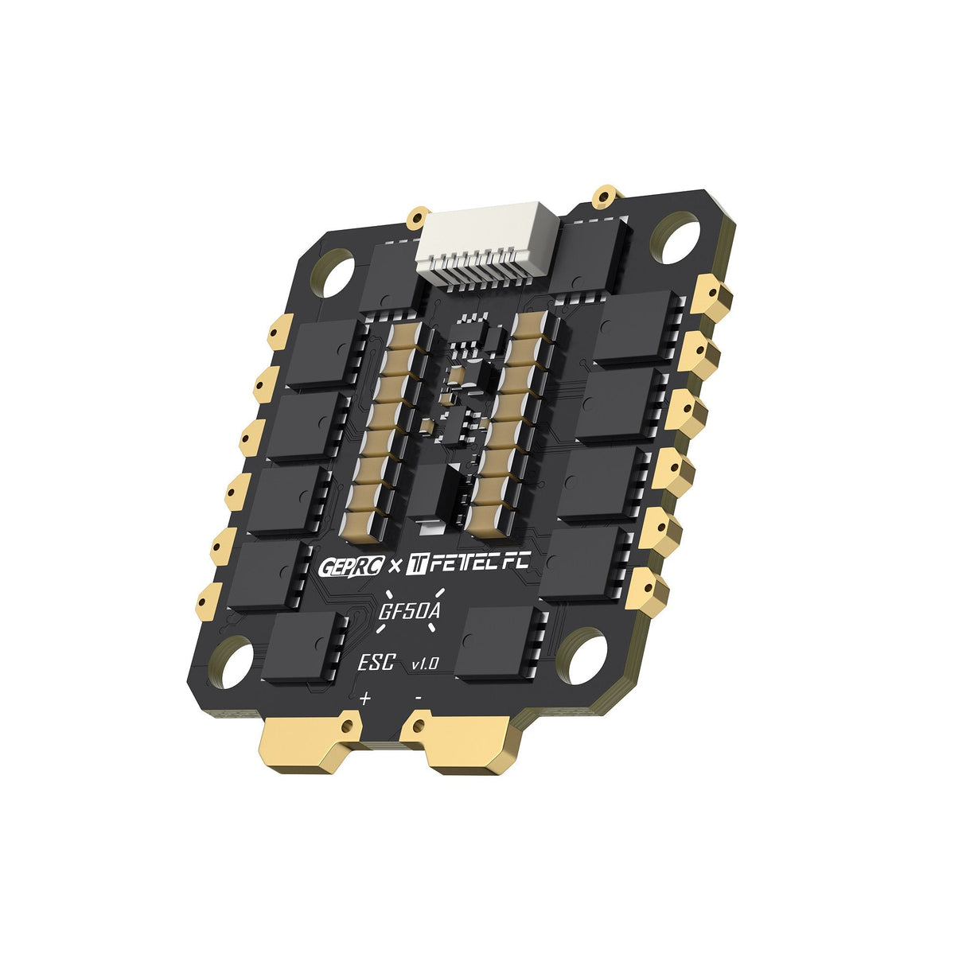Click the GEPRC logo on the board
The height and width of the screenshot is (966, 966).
[x=352, y=567]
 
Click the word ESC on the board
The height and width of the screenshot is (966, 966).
[x=376, y=662]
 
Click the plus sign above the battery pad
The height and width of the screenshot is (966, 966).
[x=365, y=699]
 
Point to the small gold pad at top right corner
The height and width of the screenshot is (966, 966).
[x=606, y=195]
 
